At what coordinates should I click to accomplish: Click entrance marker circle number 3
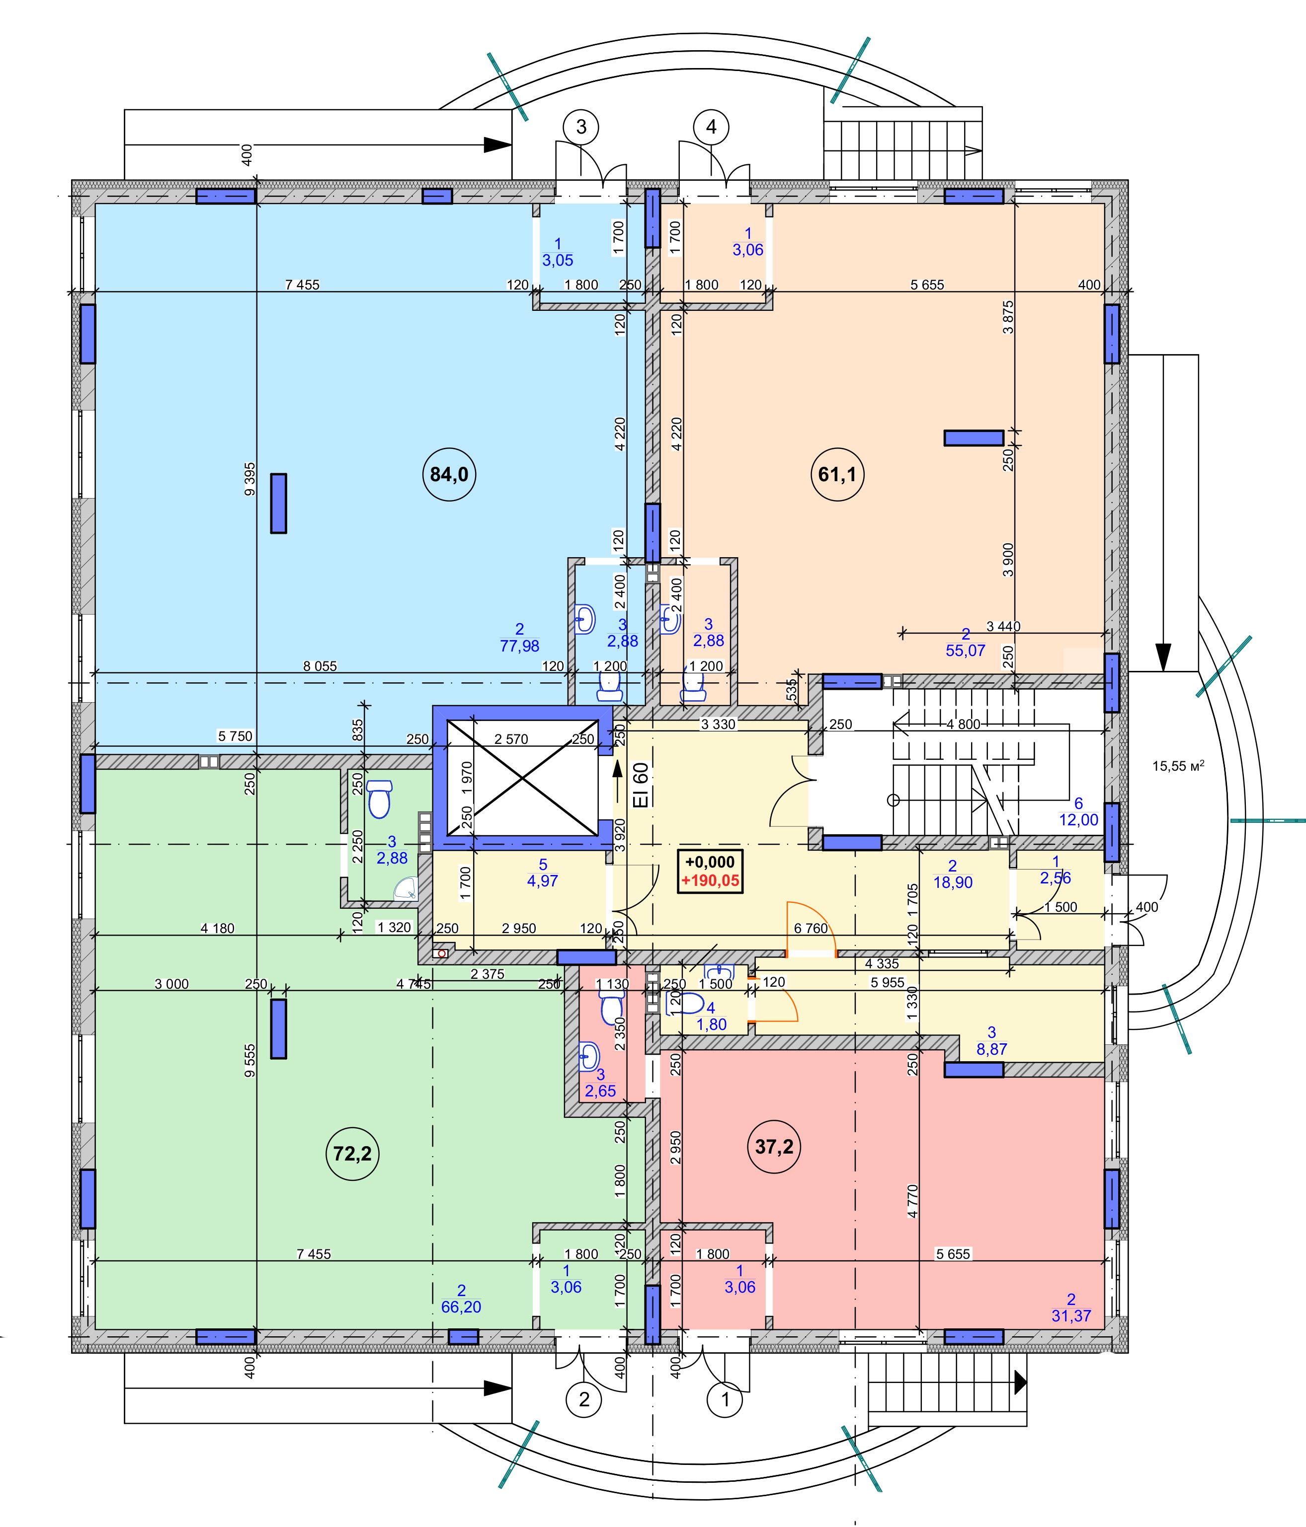coord(581,127)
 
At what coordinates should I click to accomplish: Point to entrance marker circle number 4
coord(711,127)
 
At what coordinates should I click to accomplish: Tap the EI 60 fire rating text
coord(642,785)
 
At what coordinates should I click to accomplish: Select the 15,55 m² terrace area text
coord(1178,766)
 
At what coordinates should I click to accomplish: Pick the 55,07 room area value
coord(965,651)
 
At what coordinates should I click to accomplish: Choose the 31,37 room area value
coord(1071,1315)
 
